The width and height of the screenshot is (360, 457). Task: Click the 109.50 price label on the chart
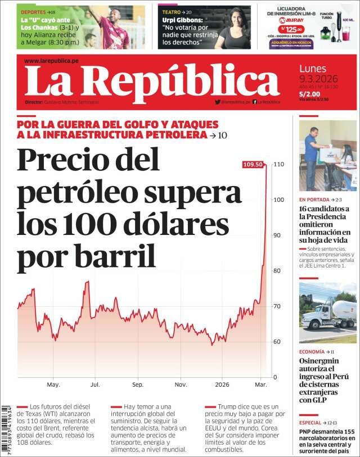coord(253,164)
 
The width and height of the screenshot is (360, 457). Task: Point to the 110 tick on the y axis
coord(278,164)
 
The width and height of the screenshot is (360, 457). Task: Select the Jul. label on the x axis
coord(95,385)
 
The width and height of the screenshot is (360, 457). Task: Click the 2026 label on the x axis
coord(222,385)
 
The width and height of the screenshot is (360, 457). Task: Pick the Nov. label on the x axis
coord(181,385)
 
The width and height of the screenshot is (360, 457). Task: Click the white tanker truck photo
coord(327,313)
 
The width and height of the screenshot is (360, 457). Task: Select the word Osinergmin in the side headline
coord(322,360)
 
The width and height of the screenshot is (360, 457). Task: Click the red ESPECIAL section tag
coord(310,422)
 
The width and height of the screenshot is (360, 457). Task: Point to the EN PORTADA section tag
coord(314,200)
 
